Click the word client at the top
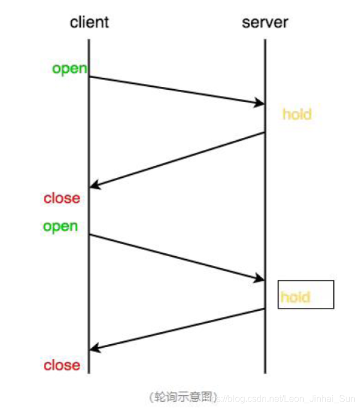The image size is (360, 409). pos(89,22)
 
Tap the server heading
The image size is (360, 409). pos(264,22)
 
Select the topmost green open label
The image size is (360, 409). pos(70,69)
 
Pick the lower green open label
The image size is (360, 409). pos(60,226)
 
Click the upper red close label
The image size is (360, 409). pos(62,198)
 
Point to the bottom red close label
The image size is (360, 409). pos(62,365)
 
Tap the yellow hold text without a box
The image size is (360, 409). pos(297,114)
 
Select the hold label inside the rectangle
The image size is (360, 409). pos(295,297)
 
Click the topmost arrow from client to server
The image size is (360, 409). pos(176,90)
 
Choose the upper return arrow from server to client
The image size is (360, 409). pos(176,160)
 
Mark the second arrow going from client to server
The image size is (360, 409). pos(176,256)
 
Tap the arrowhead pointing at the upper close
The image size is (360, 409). pos(94,186)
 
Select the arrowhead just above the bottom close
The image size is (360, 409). pos(94,349)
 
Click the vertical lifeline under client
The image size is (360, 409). pos(89,142)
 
